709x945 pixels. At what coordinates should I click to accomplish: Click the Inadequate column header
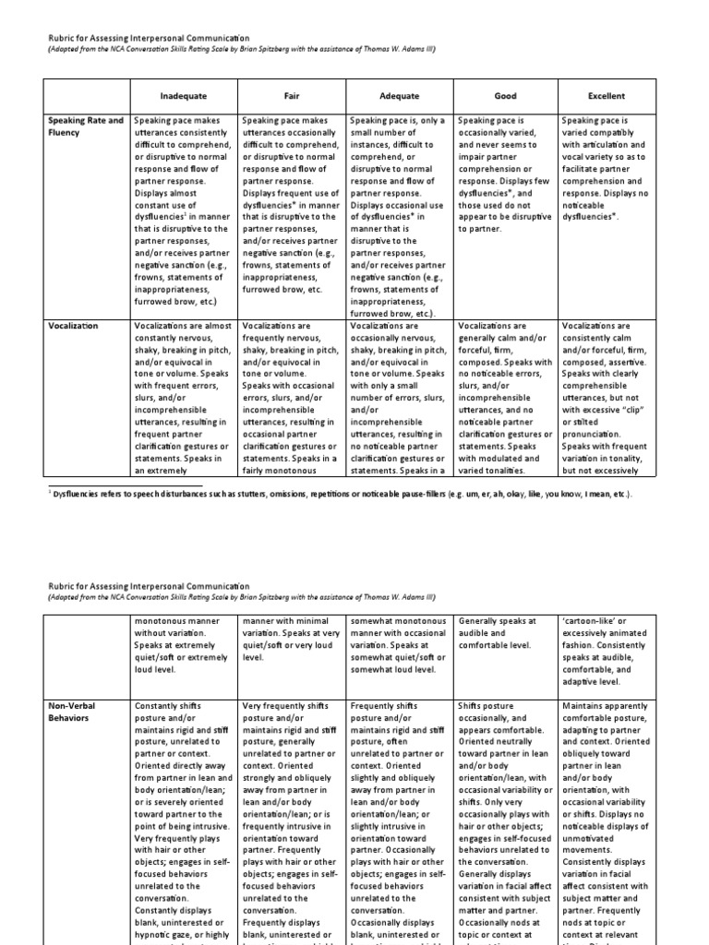pos(183,95)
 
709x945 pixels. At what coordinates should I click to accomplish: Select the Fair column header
pos(293,95)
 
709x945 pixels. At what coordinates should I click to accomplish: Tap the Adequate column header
pos(399,95)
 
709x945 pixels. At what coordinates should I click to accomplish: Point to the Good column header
pos(505,95)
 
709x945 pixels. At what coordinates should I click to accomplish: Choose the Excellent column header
pos(607,95)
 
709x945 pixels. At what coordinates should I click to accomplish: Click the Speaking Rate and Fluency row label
pos(84,126)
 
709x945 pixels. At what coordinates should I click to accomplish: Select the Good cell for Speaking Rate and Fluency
pos(505,175)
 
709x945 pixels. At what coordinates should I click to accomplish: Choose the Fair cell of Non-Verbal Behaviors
pos(293,821)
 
